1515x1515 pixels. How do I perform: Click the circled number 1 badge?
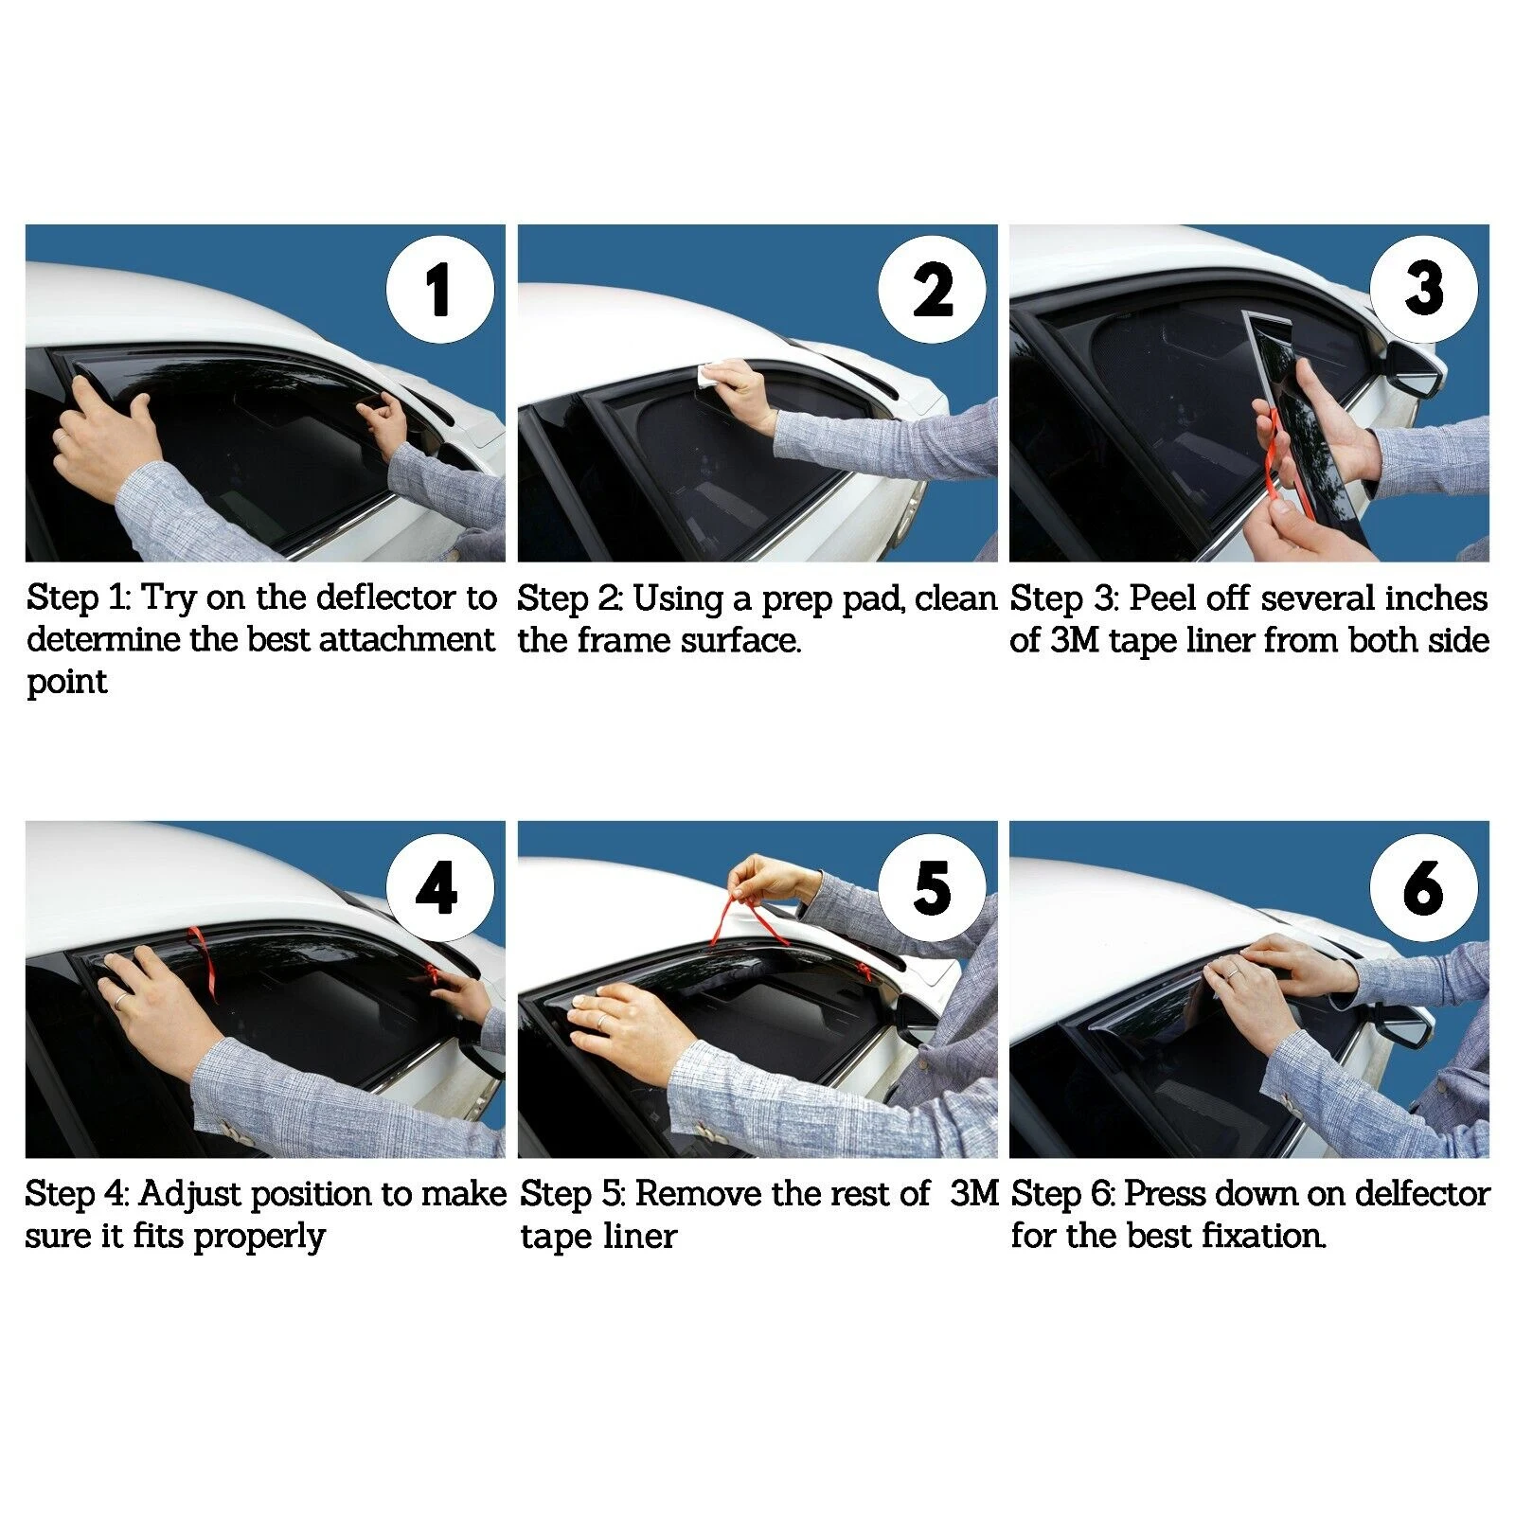pos(439,290)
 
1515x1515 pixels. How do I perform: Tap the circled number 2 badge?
pos(932,290)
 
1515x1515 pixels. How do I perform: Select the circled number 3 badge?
pos(1424,290)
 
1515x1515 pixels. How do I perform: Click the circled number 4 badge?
pos(439,888)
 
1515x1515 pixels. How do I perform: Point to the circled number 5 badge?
pos(932,888)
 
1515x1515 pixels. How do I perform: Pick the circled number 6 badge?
pos(1424,888)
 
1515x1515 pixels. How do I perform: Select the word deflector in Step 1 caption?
pos(386,598)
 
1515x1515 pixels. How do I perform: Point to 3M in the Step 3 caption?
pos(1074,641)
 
